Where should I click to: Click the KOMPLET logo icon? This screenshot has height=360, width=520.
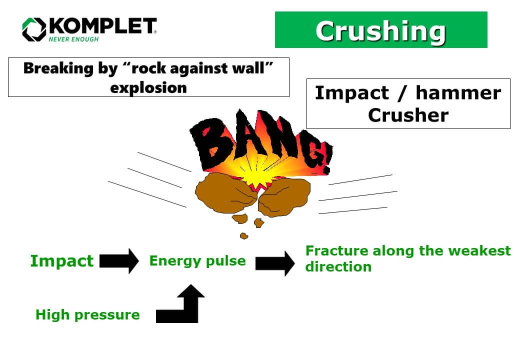point(34,29)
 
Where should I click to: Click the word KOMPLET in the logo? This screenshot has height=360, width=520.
point(102,26)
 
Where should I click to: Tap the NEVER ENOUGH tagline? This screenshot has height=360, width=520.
point(73,39)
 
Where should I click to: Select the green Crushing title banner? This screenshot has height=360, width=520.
point(380,30)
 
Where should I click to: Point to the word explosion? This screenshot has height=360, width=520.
point(148,87)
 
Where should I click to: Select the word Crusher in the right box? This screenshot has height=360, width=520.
point(408,115)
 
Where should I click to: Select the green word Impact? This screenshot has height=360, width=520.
point(61,261)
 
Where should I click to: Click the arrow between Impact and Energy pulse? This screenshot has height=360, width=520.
point(119,261)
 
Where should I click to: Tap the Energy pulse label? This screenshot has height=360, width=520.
point(197,261)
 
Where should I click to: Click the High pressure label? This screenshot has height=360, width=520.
point(87,315)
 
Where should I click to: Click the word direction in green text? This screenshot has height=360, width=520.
point(338,266)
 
